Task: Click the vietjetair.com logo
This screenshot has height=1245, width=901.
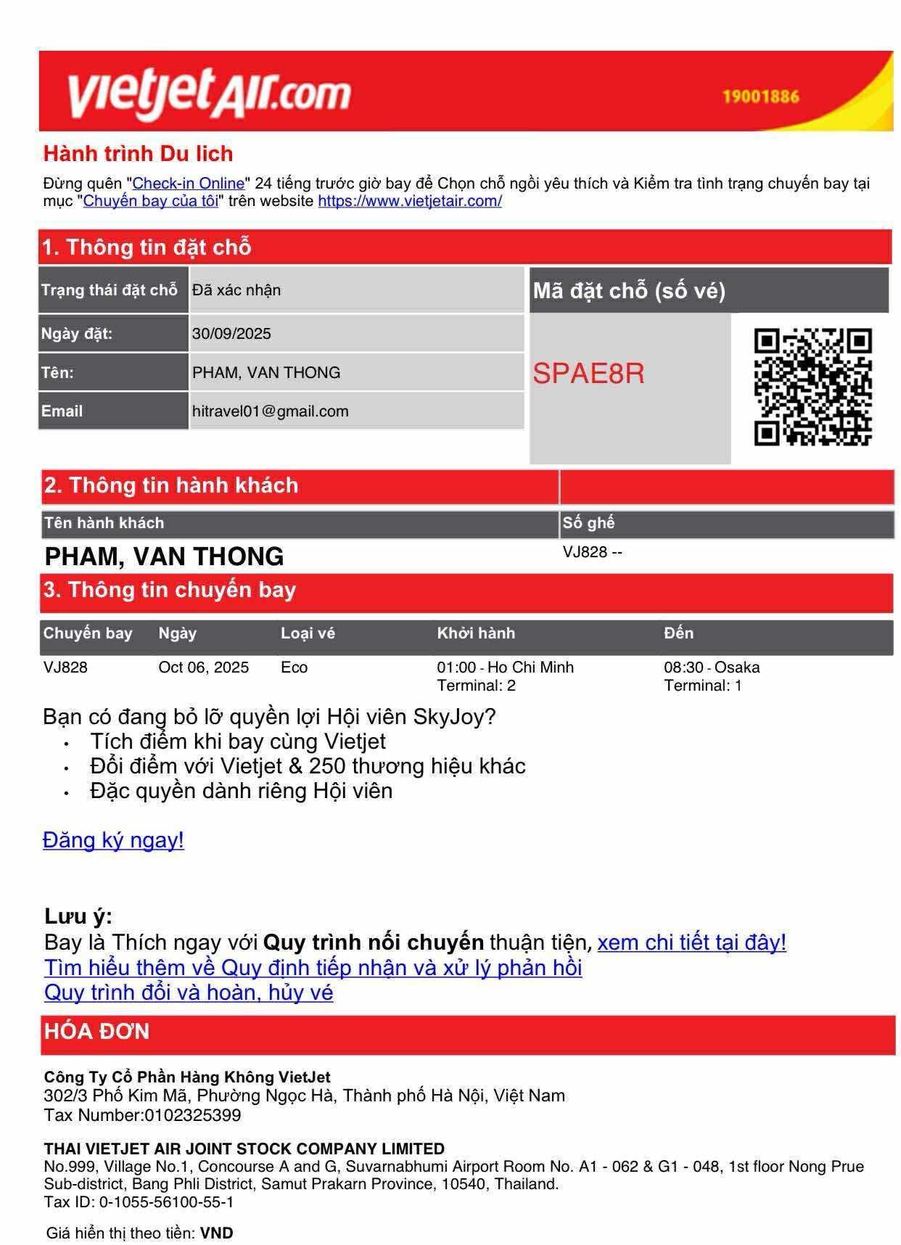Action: pos(209,93)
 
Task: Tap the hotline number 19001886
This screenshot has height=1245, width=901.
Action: pos(760,96)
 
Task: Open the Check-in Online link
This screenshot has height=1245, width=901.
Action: pos(189,184)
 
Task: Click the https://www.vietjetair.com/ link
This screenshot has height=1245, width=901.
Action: pos(410,201)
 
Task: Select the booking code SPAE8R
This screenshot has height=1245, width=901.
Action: pos(588,374)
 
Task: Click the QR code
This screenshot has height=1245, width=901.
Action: pos(812,387)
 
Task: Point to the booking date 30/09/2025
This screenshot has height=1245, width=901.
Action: pos(231,334)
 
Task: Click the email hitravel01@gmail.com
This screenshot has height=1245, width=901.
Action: pos(270,411)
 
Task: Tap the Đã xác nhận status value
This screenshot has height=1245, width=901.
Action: pos(236,290)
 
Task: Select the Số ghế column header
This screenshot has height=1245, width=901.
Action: pos(588,523)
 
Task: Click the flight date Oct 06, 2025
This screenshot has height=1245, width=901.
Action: pos(203,667)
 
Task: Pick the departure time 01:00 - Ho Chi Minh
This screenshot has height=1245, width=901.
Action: pos(505,667)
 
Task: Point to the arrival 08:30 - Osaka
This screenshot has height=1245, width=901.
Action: pos(712,667)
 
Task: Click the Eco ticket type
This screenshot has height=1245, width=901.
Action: pos(294,667)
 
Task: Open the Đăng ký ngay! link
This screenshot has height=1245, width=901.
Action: pos(113,840)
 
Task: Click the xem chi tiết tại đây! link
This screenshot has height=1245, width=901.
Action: pos(691,942)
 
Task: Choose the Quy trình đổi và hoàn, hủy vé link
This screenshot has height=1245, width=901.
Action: pos(189,992)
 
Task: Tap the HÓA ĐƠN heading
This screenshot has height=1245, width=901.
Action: pos(96,1032)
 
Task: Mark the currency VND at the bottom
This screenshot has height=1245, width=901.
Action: pos(217,1233)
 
